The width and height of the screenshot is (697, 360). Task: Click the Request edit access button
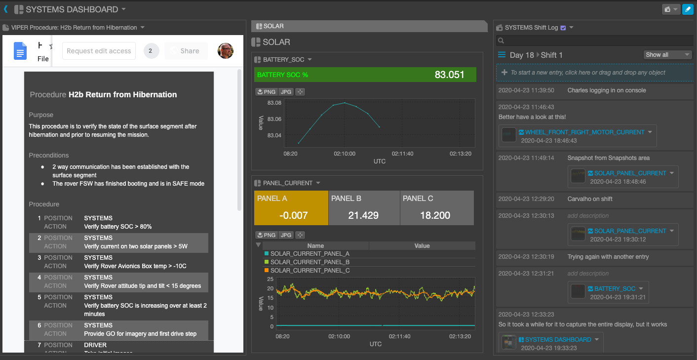coord(99,51)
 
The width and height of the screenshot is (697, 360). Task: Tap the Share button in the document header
coord(186,51)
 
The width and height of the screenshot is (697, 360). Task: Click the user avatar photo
coord(226,50)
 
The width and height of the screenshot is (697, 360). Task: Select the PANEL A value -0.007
coord(293,215)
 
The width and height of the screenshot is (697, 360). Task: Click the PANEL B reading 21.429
coord(363,215)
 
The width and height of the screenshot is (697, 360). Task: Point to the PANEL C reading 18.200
coord(434,215)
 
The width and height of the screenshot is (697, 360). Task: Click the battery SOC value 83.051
coord(449,75)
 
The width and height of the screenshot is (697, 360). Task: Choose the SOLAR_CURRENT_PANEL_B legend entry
coord(310,262)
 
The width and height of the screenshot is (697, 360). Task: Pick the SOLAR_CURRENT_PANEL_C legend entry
coord(310,271)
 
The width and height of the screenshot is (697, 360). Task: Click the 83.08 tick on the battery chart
coord(274,103)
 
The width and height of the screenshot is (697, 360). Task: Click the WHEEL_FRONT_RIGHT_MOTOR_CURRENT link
coord(584,132)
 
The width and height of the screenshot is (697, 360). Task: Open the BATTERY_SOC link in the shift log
coord(615,289)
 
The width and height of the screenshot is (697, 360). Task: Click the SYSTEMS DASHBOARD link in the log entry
coord(558,340)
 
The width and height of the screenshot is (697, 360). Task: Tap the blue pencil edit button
coord(687,9)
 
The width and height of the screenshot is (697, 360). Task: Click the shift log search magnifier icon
coord(501,41)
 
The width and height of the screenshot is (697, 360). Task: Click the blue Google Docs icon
coord(20,51)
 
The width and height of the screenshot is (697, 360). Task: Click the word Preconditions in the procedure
coord(49,155)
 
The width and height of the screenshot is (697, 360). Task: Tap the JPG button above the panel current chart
coord(285,235)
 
